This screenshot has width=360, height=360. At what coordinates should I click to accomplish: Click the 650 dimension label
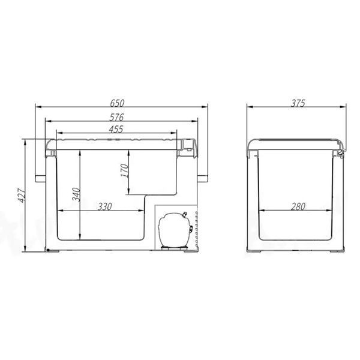click(117, 103)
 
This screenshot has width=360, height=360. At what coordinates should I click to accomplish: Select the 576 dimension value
click(116, 118)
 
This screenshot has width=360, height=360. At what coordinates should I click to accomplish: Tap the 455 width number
click(116, 130)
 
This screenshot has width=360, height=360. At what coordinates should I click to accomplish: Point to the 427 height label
click(22, 196)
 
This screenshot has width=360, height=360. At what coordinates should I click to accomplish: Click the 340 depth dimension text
click(76, 194)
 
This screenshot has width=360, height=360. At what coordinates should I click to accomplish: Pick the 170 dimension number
click(125, 170)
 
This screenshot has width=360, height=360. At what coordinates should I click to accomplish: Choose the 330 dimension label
click(104, 206)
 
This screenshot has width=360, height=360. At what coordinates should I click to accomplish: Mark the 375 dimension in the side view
click(298, 103)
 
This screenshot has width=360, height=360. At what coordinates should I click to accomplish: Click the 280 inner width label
click(298, 206)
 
